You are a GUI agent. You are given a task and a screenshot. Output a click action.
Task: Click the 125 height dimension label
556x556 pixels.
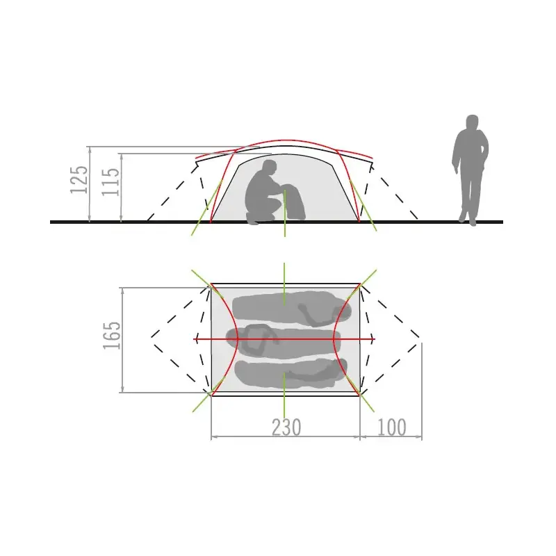click(79, 179)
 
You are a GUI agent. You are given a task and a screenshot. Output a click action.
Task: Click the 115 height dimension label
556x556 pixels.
click(111, 181)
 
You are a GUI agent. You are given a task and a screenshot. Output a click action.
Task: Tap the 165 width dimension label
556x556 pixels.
click(112, 336)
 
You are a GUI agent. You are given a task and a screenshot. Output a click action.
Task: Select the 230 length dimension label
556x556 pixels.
click(286, 427)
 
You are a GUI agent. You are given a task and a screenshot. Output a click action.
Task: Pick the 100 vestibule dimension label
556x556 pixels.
click(391, 427)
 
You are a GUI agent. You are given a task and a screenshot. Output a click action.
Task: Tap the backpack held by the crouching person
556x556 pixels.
click(294, 202)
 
